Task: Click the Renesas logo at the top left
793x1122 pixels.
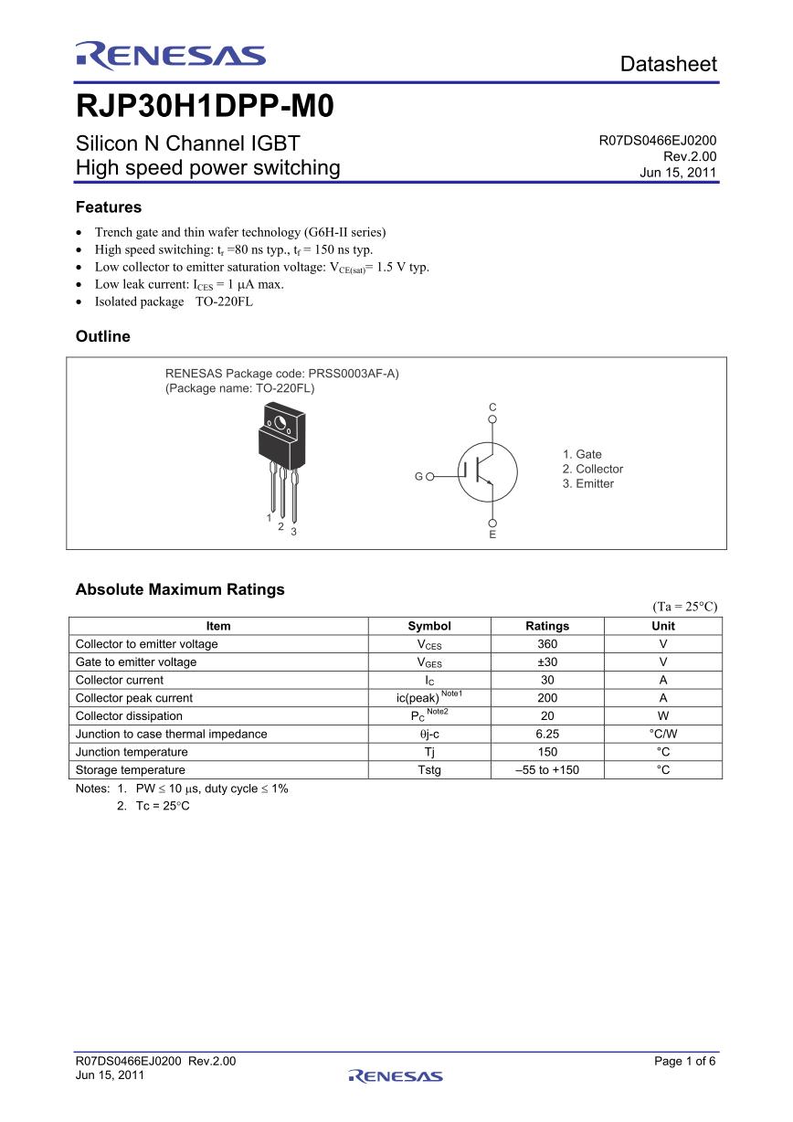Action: [171, 57]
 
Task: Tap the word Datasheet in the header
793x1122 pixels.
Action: [668, 64]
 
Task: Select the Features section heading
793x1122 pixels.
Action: [109, 207]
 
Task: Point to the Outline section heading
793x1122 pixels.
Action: [103, 336]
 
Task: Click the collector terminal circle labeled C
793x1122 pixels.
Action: [492, 420]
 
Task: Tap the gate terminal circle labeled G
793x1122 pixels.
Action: [429, 476]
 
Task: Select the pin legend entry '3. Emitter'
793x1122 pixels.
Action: [588, 483]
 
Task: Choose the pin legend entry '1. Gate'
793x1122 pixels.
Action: [582, 454]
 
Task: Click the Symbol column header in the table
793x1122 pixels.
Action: [429, 626]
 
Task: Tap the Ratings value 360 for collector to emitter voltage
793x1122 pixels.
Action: [547, 644]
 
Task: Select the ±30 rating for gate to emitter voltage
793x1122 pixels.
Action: [547, 662]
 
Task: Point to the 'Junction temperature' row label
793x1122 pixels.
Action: [132, 752]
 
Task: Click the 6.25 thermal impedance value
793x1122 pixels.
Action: [547, 734]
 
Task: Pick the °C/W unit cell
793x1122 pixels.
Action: [663, 734]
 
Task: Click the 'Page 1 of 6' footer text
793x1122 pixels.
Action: [685, 1061]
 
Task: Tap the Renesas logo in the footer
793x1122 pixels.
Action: [396, 1075]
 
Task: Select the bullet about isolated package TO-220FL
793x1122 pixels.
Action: [174, 302]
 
